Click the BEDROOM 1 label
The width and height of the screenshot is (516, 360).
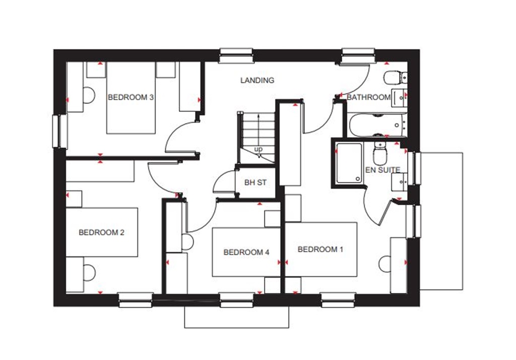[x=320, y=249]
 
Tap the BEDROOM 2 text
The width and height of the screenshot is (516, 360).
[x=101, y=232]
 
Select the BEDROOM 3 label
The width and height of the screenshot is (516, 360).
[x=131, y=97]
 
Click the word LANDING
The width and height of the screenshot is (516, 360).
[x=257, y=80]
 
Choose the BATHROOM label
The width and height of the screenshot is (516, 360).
[x=368, y=97]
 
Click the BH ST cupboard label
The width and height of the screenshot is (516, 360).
[x=255, y=183]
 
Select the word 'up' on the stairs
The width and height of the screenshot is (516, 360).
[x=258, y=149]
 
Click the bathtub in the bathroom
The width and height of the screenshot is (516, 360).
[x=377, y=125]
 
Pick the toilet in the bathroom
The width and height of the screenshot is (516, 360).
[x=394, y=78]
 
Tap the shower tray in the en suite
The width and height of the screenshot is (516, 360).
[x=349, y=163]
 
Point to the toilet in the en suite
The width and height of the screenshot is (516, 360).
[x=379, y=151]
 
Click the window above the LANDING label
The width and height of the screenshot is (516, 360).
[x=236, y=54]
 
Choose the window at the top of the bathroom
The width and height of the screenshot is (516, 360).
[x=358, y=55]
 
